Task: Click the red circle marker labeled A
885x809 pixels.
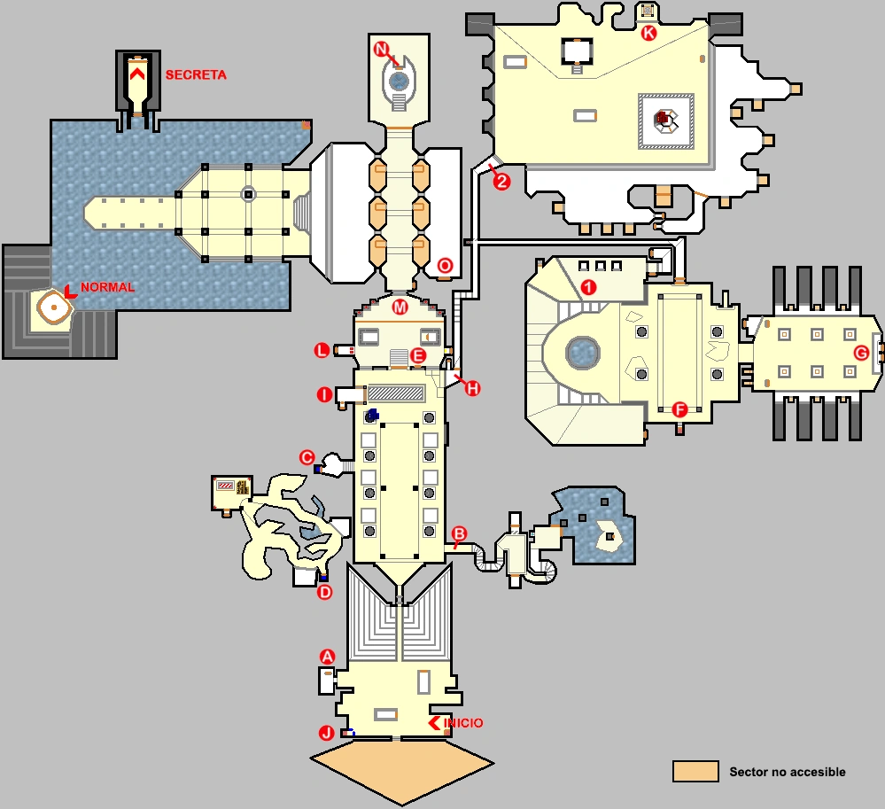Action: click(x=327, y=657)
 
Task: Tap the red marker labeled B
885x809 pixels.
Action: click(x=459, y=533)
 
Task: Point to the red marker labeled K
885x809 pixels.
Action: click(x=648, y=33)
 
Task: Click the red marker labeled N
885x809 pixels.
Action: click(x=382, y=50)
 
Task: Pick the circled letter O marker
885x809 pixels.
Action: click(x=446, y=265)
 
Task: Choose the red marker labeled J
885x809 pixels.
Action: click(x=327, y=733)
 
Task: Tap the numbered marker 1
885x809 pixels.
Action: click(x=586, y=287)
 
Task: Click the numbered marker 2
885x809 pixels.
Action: click(x=501, y=183)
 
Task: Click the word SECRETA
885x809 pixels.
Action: click(x=196, y=75)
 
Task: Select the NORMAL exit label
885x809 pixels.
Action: click(x=107, y=287)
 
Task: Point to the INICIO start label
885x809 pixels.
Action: click(x=463, y=723)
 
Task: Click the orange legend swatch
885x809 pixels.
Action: click(x=695, y=771)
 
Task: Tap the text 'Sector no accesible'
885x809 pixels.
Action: click(x=787, y=772)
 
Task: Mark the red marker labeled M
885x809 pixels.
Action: click(x=400, y=307)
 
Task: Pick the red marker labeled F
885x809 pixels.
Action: click(x=679, y=409)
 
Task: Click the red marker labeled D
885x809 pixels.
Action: click(x=324, y=592)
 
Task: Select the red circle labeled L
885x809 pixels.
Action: click(x=322, y=352)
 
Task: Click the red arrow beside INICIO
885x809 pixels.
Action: click(x=435, y=723)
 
